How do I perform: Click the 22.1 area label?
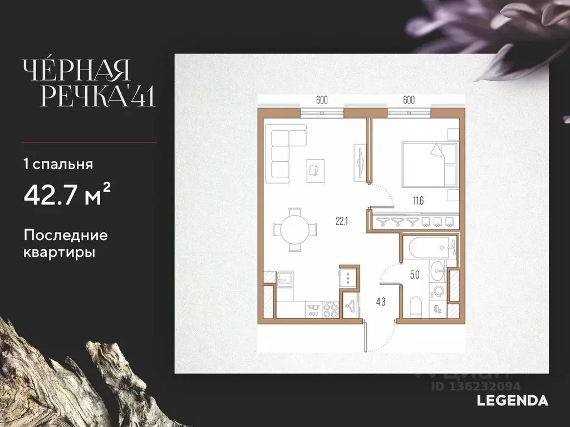pyautogui.click(x=342, y=221)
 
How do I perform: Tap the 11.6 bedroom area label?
pyautogui.click(x=418, y=200)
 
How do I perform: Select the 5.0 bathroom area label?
pyautogui.click(x=415, y=275)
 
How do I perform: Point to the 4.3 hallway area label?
pyautogui.click(x=381, y=302)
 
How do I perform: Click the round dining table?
pyautogui.click(x=295, y=230)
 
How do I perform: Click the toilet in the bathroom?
pyautogui.click(x=415, y=307)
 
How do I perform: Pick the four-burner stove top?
pyautogui.click(x=331, y=310)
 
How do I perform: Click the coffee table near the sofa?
pyautogui.click(x=315, y=171)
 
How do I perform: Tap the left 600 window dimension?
pyautogui.click(x=322, y=100)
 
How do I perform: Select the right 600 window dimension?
pyautogui.click(x=409, y=100)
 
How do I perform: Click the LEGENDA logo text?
pyautogui.click(x=512, y=400)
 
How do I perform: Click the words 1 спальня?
pyautogui.click(x=58, y=164)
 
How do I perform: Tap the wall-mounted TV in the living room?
pyautogui.click(x=360, y=162)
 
